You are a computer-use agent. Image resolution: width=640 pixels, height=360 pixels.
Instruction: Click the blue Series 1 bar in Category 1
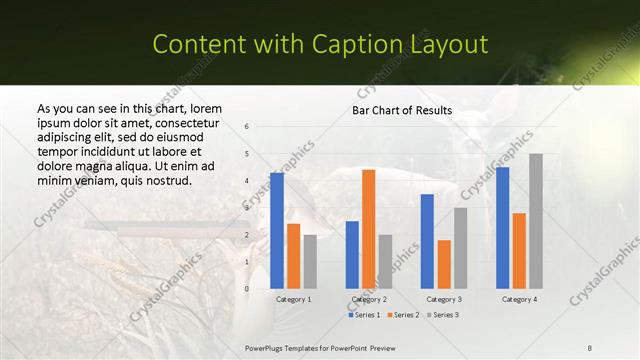coord(277,231)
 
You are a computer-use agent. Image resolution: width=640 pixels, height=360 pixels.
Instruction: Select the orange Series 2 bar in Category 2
coord(368,229)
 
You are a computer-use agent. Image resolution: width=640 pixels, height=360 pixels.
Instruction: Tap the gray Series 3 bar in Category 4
coord(536,221)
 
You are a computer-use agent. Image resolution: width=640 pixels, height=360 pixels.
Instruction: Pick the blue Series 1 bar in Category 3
coord(427,241)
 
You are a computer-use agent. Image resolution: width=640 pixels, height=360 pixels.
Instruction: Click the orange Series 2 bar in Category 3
coord(444,264)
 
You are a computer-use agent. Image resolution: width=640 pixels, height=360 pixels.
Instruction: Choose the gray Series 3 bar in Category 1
coord(310,262)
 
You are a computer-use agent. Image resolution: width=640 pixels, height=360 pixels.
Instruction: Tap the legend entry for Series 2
coord(403,315)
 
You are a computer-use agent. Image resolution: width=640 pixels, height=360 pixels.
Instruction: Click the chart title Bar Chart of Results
coord(402,110)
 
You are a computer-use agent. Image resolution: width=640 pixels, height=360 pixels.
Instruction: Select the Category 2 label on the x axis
coord(369,299)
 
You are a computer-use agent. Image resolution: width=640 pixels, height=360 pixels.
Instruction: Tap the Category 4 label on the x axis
coord(519,299)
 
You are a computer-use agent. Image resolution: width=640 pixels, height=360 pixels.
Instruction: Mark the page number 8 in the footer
coord(590,346)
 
